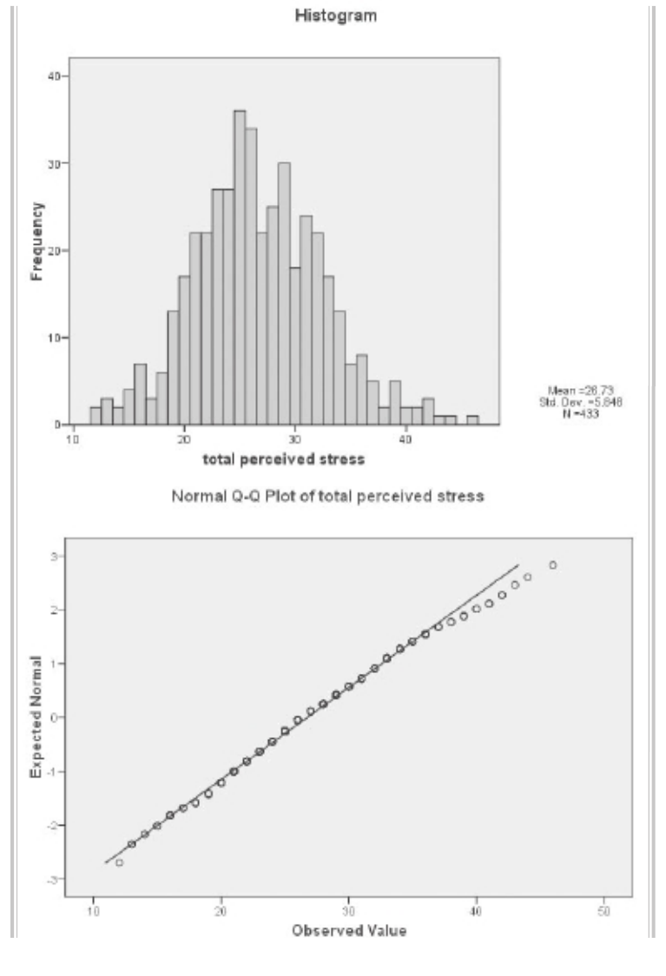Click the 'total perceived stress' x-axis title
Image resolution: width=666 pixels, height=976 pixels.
coord(283,458)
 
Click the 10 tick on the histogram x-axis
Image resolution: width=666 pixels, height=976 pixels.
coord(73,440)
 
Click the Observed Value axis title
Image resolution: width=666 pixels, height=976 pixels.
coord(348,932)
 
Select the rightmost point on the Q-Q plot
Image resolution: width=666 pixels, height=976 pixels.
coord(552,565)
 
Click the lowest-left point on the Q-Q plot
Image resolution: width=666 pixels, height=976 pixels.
coord(119,862)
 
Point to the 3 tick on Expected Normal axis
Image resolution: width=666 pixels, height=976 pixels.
coord(56,556)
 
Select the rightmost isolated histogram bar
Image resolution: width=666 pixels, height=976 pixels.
coord(472,420)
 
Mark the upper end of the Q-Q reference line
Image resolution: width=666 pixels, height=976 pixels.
coord(518,564)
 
